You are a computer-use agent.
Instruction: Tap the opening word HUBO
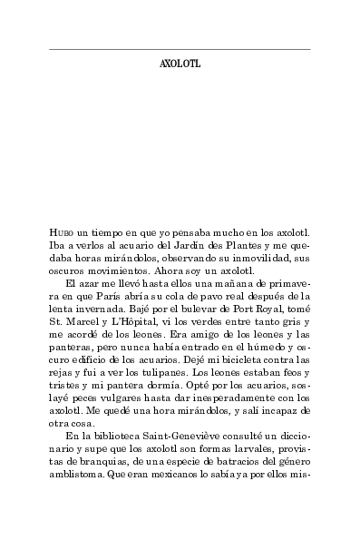coord(63,234)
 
